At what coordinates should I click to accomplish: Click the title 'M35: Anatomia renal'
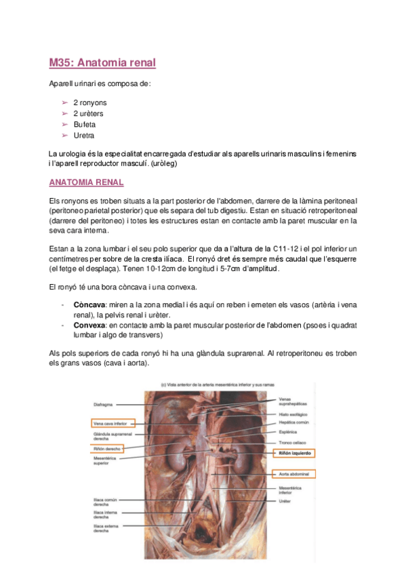pyautogui.click(x=102, y=63)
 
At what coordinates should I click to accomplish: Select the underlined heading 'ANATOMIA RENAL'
pyautogui.click(x=86, y=183)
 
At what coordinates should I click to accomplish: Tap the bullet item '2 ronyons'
pyautogui.click(x=90, y=102)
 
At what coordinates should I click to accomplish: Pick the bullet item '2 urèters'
pyautogui.click(x=89, y=113)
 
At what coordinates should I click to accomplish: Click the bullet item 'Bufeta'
pyautogui.click(x=84, y=125)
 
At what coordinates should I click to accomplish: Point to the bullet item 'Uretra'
pyautogui.click(x=83, y=136)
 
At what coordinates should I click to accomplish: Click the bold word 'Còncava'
pyautogui.click(x=89, y=305)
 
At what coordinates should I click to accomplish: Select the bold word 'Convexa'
pyautogui.click(x=89, y=324)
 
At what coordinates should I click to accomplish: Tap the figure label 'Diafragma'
pyautogui.click(x=104, y=405)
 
